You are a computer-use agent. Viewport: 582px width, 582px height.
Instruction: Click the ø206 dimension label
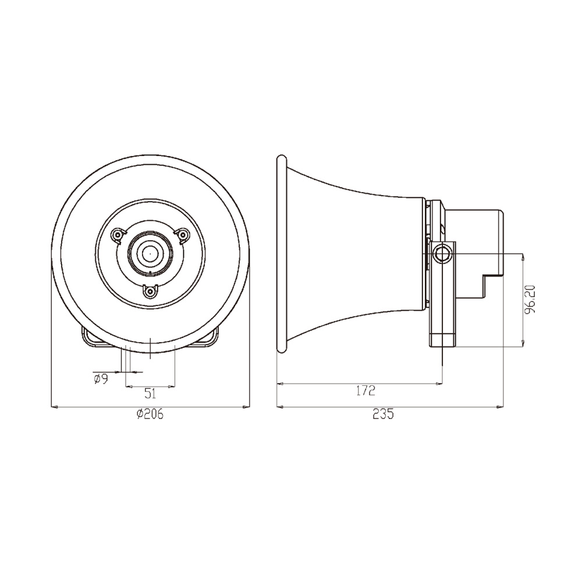tap(150, 414)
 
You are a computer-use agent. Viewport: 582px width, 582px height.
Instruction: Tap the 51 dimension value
tap(150, 393)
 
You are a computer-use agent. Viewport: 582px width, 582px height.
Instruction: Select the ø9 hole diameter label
tap(101, 379)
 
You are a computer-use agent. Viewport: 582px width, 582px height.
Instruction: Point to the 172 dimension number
tap(366, 391)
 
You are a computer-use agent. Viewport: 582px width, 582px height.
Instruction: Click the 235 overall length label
tap(383, 414)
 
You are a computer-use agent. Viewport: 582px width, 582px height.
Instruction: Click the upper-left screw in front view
tap(118, 235)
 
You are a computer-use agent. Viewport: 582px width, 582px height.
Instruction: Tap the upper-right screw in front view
tap(182, 235)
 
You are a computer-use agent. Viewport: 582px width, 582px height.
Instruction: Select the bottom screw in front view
tap(150, 292)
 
